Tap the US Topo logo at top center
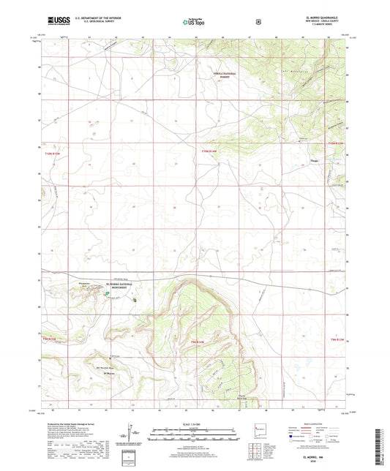coord(194,22)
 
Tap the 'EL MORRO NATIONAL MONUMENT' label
coord(118,285)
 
